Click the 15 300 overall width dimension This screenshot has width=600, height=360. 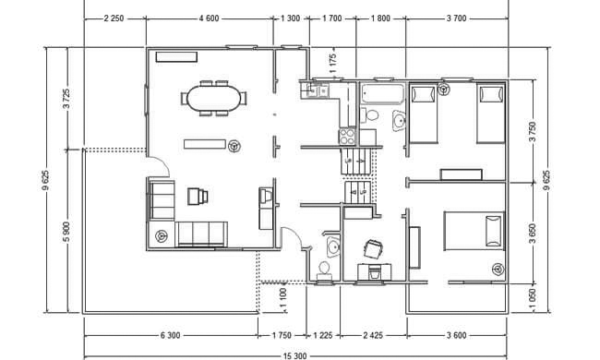click(x=294, y=356)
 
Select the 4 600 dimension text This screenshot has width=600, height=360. click(x=209, y=18)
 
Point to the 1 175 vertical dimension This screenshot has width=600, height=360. click(x=333, y=64)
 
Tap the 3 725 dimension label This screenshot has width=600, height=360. click(x=66, y=99)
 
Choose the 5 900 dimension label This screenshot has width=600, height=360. click(x=66, y=232)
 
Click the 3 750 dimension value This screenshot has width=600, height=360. click(x=533, y=132)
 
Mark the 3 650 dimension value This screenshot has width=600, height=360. click(x=533, y=234)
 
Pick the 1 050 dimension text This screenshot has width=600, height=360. click(x=533, y=299)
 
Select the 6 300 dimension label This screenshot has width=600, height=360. click(x=170, y=335)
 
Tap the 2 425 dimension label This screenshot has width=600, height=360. click(x=373, y=335)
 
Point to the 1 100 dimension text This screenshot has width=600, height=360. click(x=283, y=297)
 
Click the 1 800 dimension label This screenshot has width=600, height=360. click(x=380, y=18)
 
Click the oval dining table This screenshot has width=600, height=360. click(x=214, y=99)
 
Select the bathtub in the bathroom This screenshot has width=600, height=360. click(x=382, y=94)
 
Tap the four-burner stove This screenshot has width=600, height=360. click(x=347, y=137)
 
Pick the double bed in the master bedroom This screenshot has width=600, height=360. click(x=474, y=231)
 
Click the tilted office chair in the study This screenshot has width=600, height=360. click(x=373, y=249)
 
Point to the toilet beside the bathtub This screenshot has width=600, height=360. click(x=369, y=114)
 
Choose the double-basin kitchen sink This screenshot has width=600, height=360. click(x=317, y=90)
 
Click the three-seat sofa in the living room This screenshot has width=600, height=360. click(x=201, y=234)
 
